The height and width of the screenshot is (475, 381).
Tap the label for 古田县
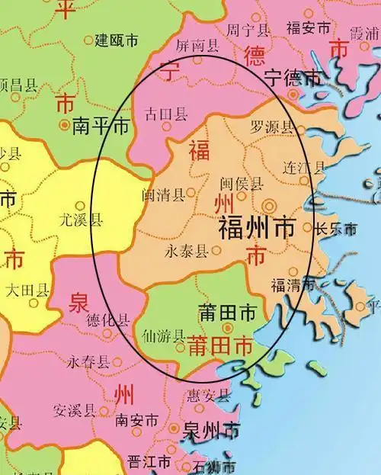(x=166, y=115)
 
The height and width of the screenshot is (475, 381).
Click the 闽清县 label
(x=162, y=194)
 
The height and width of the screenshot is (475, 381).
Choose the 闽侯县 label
(x=241, y=184)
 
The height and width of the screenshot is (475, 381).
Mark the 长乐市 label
(x=336, y=228)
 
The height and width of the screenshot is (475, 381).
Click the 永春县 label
(x=88, y=361)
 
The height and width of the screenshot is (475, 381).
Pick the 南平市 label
(x=101, y=127)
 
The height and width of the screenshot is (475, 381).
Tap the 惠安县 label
(x=208, y=396)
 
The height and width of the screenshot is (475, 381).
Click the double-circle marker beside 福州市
(x=269, y=205)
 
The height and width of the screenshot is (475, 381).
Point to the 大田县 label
(x=27, y=290)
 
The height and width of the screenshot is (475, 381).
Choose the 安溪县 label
(x=75, y=410)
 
